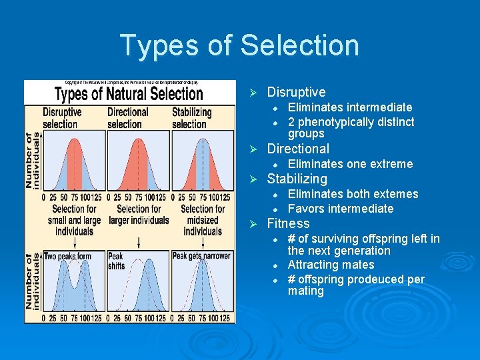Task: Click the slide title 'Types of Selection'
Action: coord(239,45)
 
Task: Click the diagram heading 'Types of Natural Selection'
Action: coord(129,93)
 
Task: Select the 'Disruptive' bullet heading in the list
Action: coord(296,92)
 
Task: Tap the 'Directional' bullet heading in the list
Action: coord(298,149)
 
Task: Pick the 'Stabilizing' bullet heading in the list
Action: coord(297,179)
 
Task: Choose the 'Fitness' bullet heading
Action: coord(288,223)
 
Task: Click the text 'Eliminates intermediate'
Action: coord(349,107)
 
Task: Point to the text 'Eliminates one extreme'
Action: coord(350,164)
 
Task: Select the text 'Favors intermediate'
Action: coord(340,209)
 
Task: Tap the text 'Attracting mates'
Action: coord(331,265)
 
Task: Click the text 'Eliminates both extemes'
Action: coord(353,194)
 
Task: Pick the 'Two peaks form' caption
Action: coord(67,256)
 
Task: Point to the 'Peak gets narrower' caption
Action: coord(201,256)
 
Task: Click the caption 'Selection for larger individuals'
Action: coord(137,213)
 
